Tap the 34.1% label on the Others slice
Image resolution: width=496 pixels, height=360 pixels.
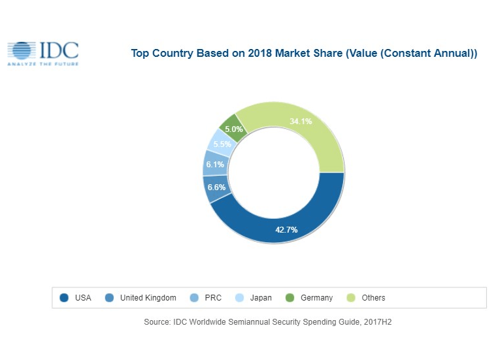point(301,121)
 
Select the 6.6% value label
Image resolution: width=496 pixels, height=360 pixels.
point(216,188)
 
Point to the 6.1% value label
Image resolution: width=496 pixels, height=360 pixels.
point(215,165)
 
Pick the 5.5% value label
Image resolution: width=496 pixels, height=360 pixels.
point(221,144)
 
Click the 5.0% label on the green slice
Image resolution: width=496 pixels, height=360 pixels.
point(234,129)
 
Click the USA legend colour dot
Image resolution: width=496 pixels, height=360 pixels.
point(64,298)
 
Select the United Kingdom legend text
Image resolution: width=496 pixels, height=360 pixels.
point(148,298)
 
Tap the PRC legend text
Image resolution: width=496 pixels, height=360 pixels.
point(213,298)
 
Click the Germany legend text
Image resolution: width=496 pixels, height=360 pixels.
point(316,298)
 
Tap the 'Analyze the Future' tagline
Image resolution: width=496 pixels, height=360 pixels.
point(42,65)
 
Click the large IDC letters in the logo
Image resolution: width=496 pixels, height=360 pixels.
point(59,50)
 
